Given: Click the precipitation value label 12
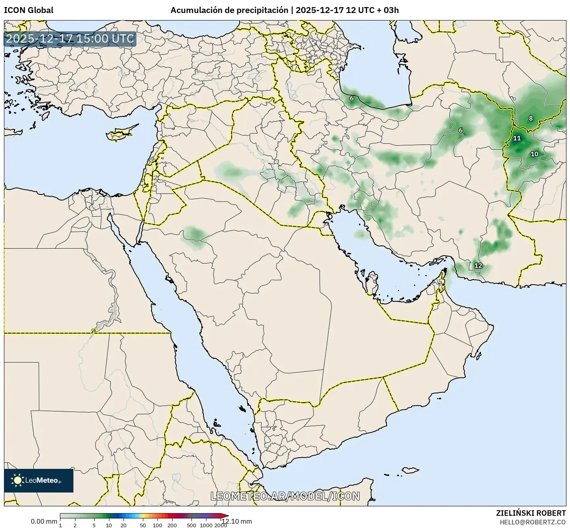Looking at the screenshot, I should point(478,266).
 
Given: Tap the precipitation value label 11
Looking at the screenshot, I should point(517,138).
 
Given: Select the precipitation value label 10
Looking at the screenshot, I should point(534,154).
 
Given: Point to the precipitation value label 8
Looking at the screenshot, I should point(531,118).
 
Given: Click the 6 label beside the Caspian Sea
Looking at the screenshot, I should point(352,98).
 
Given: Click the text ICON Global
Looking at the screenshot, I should point(28,10).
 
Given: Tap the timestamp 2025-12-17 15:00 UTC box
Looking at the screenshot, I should point(70,39).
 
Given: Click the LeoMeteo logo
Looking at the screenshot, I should point(39,480).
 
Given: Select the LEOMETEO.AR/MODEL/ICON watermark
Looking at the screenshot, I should point(285,496).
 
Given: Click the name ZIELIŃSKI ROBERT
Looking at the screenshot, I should point(531,513).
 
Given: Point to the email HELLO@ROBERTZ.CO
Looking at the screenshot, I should point(532,522).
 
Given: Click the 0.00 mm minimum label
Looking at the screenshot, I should point(44,521).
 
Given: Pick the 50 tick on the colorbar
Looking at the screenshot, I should point(143,525).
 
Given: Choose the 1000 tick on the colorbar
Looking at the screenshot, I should point(206,525).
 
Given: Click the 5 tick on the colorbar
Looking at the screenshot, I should point(94,525).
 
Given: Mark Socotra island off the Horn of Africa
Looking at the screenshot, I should point(411,470).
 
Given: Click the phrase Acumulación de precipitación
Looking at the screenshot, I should point(229,10).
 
